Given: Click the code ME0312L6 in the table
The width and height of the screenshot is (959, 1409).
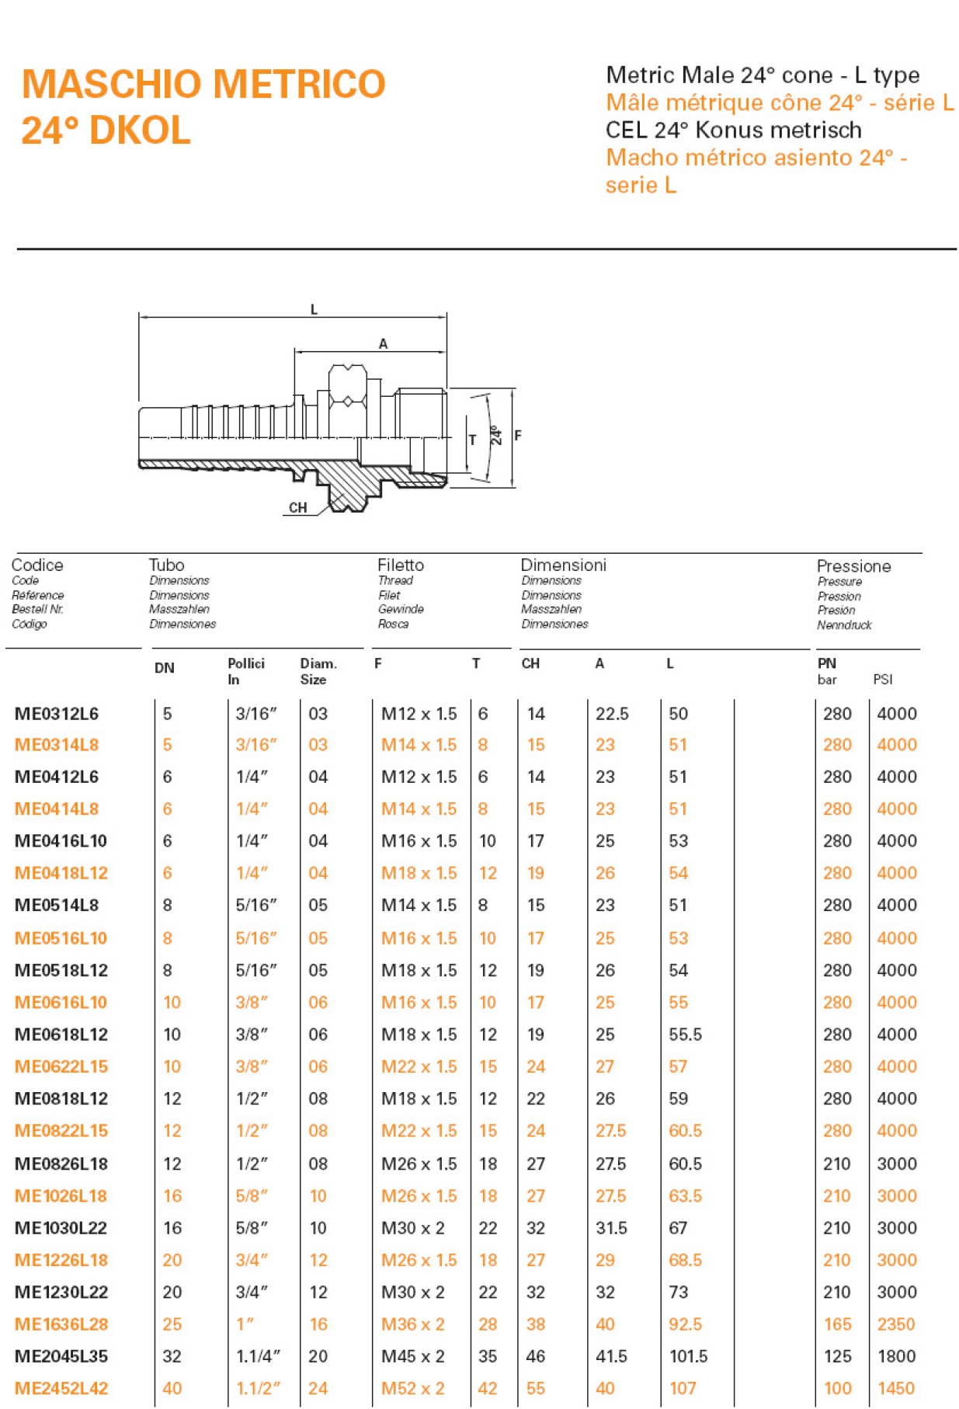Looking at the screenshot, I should click(x=57, y=714).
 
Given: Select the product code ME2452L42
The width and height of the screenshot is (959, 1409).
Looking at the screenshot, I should click(x=61, y=1388).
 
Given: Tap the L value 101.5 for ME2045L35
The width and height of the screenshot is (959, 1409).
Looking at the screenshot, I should click(x=688, y=1356).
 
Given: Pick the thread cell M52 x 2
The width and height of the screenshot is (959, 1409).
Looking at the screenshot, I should click(x=412, y=1388).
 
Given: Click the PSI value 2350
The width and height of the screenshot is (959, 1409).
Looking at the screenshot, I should click(x=896, y=1324).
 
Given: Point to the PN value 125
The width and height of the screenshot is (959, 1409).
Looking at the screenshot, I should click(x=837, y=1356).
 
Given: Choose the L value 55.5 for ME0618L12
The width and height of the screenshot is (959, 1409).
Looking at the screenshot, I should click(x=685, y=1034).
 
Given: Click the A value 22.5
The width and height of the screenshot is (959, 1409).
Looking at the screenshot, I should click(x=612, y=714).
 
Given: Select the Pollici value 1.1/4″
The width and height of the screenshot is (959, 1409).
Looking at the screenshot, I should click(x=258, y=1356).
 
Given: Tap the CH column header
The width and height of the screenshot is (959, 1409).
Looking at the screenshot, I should click(x=530, y=663).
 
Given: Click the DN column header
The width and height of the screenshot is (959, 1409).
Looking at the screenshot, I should click(x=164, y=668).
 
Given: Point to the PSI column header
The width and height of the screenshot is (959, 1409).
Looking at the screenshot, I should click(x=883, y=680).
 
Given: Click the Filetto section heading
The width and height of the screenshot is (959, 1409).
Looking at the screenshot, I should click(x=401, y=565).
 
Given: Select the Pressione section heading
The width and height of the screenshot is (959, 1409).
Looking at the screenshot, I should click(x=853, y=566).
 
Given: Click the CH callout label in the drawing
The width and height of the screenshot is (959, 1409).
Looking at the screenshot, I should click(x=298, y=508).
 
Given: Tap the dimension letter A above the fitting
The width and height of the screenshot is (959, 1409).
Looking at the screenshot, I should click(x=383, y=344).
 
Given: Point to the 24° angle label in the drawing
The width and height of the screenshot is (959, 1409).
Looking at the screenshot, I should click(x=496, y=435).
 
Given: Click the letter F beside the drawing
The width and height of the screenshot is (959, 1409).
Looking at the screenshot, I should click(x=518, y=436).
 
